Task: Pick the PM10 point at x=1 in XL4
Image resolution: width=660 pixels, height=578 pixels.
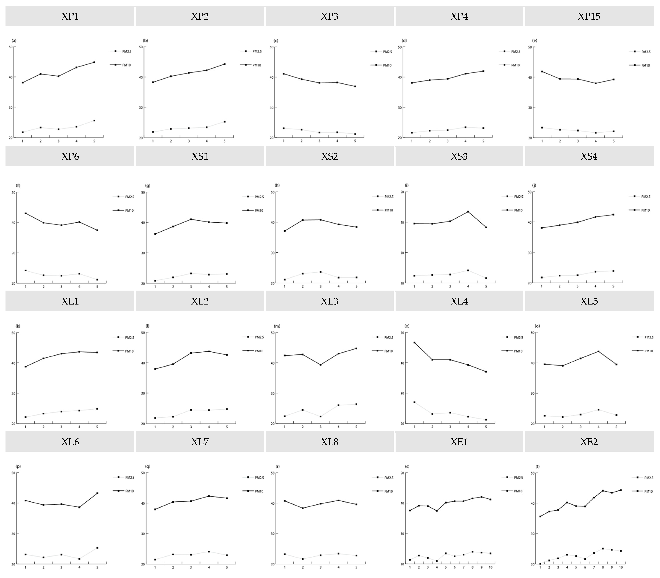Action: [414, 343]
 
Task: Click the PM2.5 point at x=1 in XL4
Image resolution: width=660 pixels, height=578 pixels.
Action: [414, 402]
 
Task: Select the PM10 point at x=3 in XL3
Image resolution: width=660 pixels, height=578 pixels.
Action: [320, 365]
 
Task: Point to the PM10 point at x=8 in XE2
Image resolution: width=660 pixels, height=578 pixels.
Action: [602, 491]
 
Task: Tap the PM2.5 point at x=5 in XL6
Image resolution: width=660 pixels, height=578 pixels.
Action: [97, 548]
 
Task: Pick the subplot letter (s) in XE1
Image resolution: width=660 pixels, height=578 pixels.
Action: [407, 466]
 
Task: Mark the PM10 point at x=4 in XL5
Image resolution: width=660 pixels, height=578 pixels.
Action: [598, 351]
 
